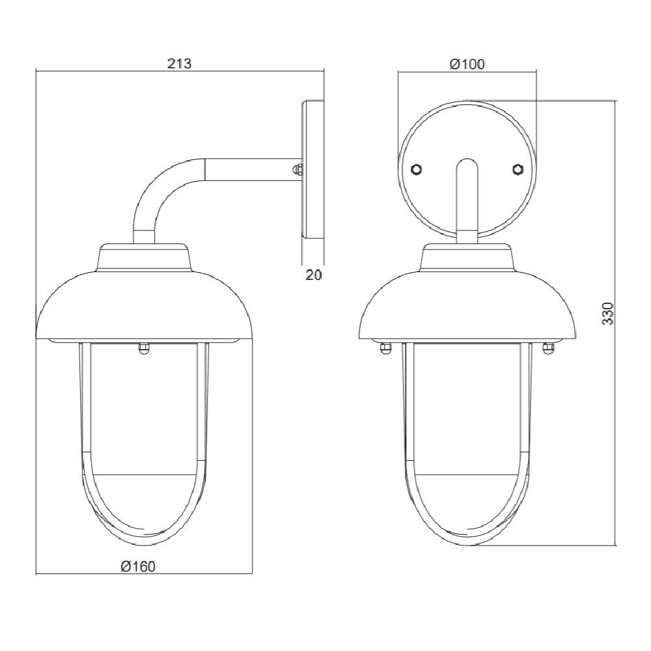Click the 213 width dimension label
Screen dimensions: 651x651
click(179, 64)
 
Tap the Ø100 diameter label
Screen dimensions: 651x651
click(467, 64)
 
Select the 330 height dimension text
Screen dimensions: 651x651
click(608, 314)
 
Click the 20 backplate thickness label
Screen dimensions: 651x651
click(314, 275)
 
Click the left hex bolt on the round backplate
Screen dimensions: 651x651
click(417, 169)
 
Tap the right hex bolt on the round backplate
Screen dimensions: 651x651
click(518, 169)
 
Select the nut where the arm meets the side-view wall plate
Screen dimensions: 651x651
click(298, 169)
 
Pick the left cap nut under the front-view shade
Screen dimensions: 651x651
click(386, 348)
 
